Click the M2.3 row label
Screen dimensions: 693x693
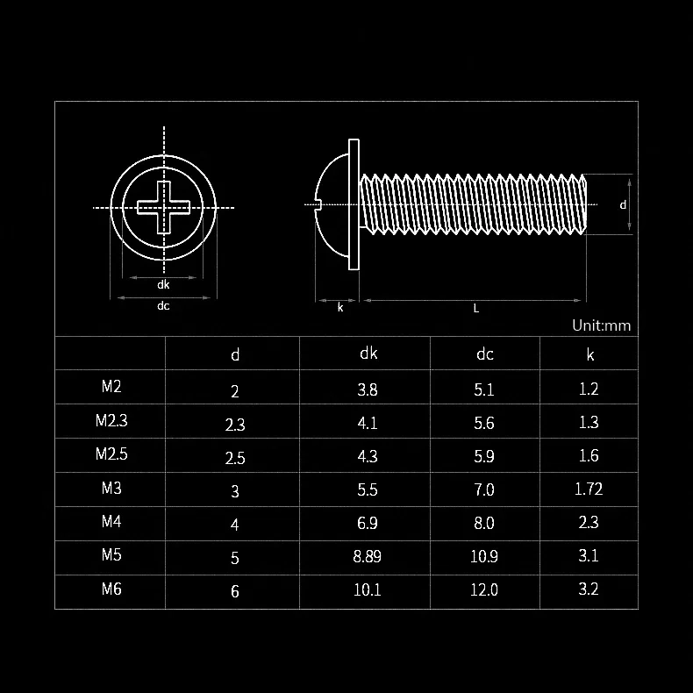point(111,420)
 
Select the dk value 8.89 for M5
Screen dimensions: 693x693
point(368,556)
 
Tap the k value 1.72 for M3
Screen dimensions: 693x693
point(589,489)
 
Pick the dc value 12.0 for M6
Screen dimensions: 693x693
point(484,589)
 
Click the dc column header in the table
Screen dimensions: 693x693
point(484,354)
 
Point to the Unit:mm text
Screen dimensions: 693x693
point(601,325)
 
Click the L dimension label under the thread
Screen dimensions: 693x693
point(476,309)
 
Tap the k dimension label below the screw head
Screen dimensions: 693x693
point(340,308)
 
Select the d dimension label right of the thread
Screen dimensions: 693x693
point(623,204)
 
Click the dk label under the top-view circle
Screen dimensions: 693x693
point(163,284)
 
